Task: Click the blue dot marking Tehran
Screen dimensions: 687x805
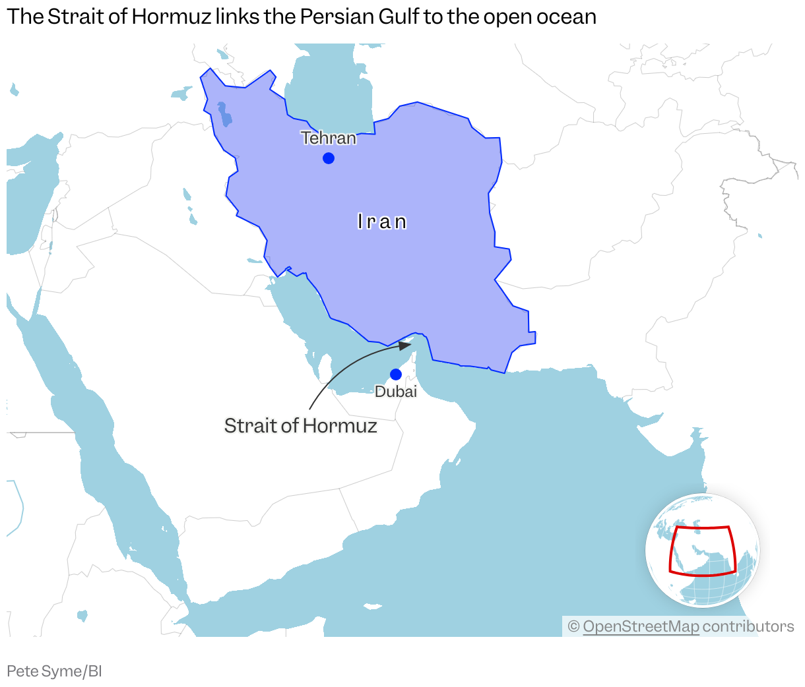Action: [x=328, y=158]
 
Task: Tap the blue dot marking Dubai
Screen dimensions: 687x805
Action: [x=396, y=374]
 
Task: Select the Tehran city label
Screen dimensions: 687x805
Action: [x=329, y=138]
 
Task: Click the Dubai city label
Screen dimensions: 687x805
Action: [x=396, y=392]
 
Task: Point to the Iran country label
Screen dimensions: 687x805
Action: [x=382, y=222]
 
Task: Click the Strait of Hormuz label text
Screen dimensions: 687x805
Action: [x=300, y=426]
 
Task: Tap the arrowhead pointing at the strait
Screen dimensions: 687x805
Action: [x=405, y=345]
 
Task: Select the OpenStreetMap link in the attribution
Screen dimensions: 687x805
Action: [x=641, y=626]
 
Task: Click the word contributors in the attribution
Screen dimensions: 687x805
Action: [x=748, y=626]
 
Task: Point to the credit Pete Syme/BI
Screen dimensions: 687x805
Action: [x=54, y=672]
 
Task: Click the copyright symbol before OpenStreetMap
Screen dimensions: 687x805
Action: [x=573, y=626]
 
